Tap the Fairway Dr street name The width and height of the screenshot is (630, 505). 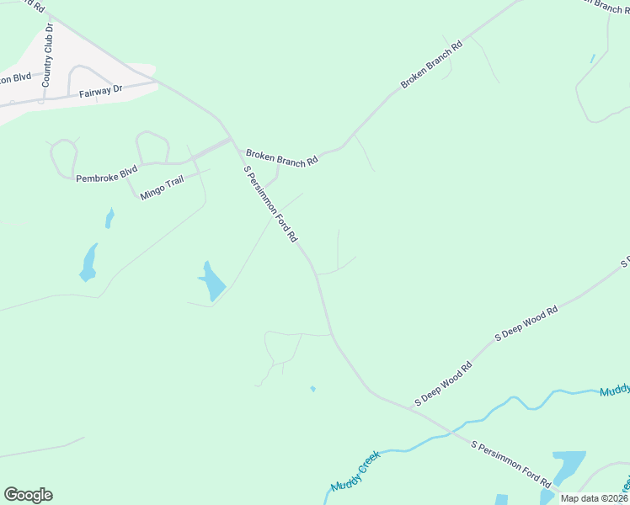tap(101, 91)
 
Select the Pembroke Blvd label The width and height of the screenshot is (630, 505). tap(106, 174)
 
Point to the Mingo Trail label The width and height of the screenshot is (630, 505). tap(162, 186)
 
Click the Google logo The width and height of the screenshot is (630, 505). tap(28, 495)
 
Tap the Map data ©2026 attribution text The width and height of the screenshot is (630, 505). tap(593, 498)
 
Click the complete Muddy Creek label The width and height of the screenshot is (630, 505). tap(355, 472)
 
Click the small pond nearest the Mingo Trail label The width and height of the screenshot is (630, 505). tap(109, 219)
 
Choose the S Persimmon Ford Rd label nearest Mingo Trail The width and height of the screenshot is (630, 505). tap(270, 204)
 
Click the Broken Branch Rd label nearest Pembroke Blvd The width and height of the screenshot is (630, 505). tap(281, 157)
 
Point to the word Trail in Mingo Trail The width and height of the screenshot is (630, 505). tap(173, 183)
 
